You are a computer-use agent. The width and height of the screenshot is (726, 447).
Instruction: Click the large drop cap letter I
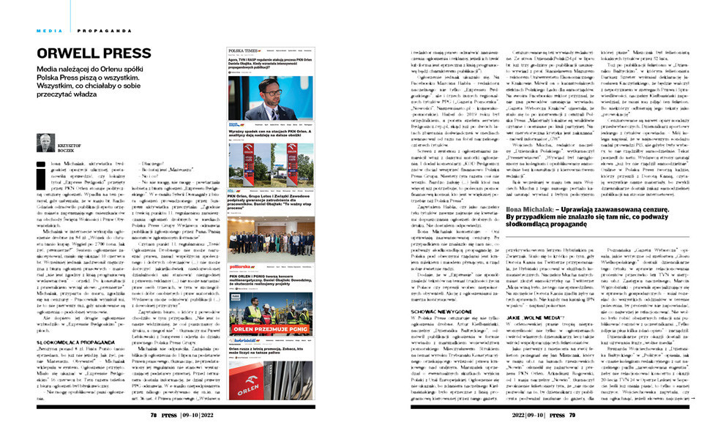pyautogui.click(x=42, y=168)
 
